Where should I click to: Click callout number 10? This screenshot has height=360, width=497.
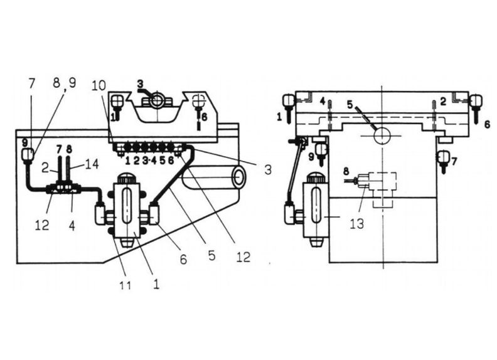point(97,85)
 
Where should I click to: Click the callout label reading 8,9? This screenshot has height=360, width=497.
point(64,82)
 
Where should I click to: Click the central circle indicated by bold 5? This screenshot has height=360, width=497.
point(382,135)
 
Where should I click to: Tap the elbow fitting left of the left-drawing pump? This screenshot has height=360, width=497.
point(101,215)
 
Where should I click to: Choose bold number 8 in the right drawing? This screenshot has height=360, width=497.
point(345,171)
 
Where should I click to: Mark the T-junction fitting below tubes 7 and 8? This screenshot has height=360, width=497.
point(64,186)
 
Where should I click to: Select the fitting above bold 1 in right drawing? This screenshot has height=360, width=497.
point(289,100)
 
